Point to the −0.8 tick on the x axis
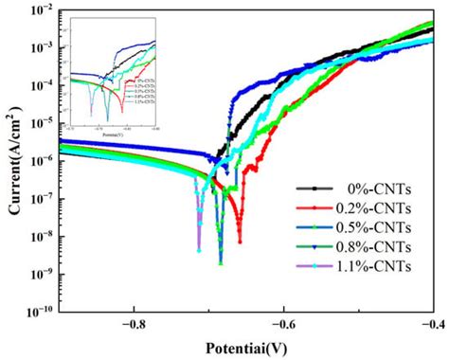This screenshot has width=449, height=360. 133,324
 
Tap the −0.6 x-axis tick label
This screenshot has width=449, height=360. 282,324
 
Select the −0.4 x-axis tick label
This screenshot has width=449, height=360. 431,324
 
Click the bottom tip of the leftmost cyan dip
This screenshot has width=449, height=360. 199,251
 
